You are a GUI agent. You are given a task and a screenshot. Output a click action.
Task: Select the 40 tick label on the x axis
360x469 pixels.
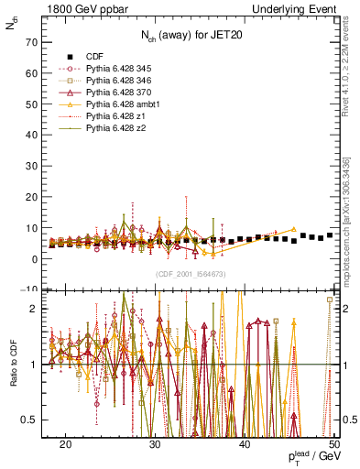coord(245,442)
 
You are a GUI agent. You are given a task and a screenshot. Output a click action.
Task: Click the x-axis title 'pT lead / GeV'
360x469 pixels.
coord(311,457)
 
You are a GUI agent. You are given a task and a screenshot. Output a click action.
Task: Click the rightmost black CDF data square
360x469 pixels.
coord(330,235)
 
